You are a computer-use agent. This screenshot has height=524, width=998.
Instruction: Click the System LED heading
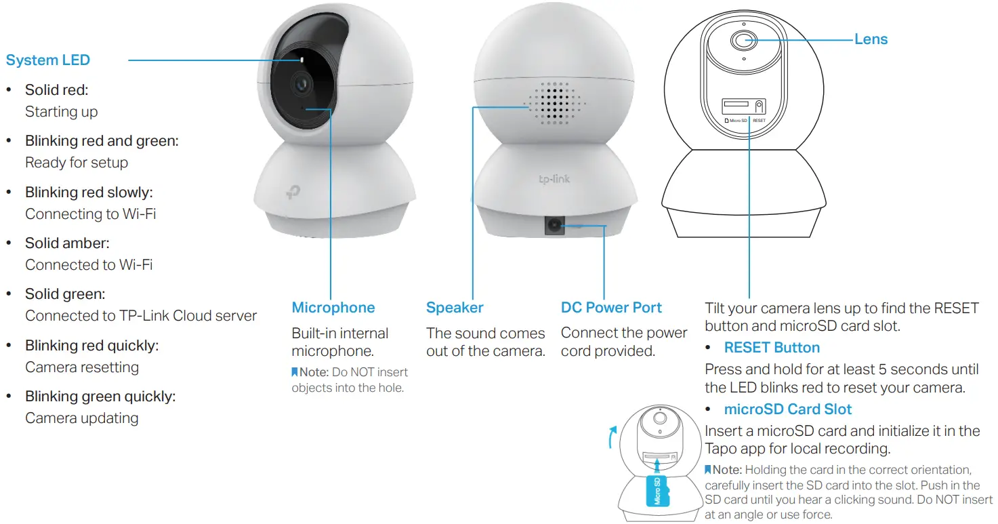[x=47, y=60]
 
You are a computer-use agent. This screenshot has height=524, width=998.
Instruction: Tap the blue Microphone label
[x=333, y=308]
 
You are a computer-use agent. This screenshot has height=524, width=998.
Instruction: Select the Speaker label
[x=455, y=308]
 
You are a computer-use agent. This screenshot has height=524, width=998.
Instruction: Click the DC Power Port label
[x=611, y=308]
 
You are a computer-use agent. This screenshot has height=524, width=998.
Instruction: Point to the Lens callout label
[x=871, y=39]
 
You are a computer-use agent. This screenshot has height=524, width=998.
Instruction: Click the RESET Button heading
[x=772, y=348]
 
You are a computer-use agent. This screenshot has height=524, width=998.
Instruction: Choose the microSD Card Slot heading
[x=787, y=409]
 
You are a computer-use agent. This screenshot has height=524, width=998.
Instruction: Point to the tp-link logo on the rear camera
[x=553, y=179]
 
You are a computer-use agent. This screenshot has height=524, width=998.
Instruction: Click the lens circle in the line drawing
[x=743, y=40]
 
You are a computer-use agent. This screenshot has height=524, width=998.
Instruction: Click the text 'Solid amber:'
[x=67, y=243]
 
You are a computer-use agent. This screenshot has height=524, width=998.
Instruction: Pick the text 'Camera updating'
[x=81, y=418]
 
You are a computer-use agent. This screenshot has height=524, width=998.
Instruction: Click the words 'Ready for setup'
[x=76, y=163]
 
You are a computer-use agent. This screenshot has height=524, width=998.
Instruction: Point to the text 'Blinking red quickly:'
[x=91, y=345]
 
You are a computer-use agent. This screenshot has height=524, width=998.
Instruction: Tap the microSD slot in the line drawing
[x=736, y=105]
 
